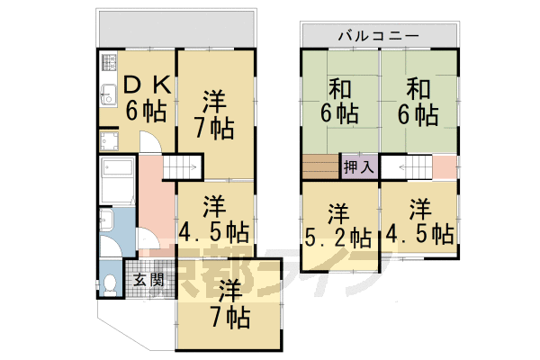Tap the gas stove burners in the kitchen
tap(110, 65)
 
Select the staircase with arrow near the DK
tap(183, 167)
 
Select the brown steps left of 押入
tap(318, 167)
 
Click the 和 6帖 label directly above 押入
tap(341, 101)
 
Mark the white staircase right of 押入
tap(409, 167)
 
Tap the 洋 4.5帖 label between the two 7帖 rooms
tap(213, 218)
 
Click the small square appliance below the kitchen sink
tap(110, 140)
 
